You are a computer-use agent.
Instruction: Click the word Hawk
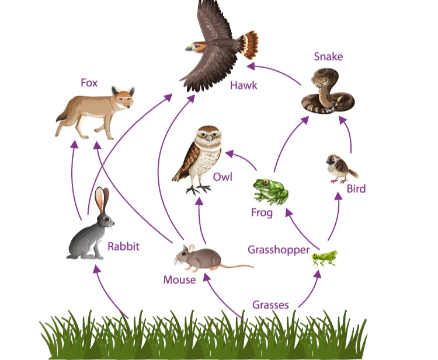244,86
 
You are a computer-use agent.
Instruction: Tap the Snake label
328,57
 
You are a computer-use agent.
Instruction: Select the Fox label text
89,83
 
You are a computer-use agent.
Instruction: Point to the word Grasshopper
278,250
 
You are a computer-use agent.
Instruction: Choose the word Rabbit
123,246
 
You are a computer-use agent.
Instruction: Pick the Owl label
223,176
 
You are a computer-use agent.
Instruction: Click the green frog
269,191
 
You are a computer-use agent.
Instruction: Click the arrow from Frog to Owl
241,159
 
